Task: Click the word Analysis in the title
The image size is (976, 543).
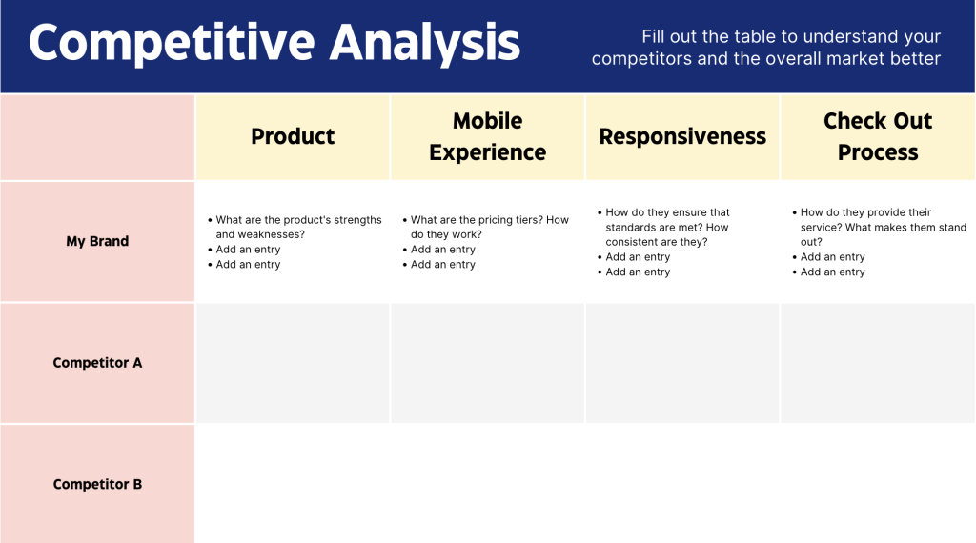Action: point(424,43)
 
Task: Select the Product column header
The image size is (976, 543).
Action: point(293,136)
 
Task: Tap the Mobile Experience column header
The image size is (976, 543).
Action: point(487,136)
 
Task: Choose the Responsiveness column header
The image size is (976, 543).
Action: point(682,136)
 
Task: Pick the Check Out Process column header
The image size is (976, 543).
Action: point(878,136)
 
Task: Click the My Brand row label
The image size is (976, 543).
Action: point(97,241)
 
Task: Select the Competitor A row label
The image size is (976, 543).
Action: point(97,363)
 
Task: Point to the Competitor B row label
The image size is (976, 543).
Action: point(97,484)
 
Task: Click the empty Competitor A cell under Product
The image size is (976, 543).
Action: point(293,363)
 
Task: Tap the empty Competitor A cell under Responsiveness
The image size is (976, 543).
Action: point(682,363)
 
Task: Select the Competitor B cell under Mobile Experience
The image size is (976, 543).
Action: point(487,484)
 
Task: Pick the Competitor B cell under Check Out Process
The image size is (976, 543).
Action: point(878,484)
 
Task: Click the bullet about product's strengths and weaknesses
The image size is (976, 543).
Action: point(297,227)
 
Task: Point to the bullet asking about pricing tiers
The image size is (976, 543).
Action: point(489,227)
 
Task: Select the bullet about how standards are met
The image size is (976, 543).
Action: point(667,227)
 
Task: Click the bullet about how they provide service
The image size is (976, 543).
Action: point(882,227)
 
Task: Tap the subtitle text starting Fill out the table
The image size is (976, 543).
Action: point(766,48)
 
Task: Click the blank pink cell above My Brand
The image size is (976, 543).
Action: point(97,136)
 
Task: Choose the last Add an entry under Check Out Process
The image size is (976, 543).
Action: point(832,272)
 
